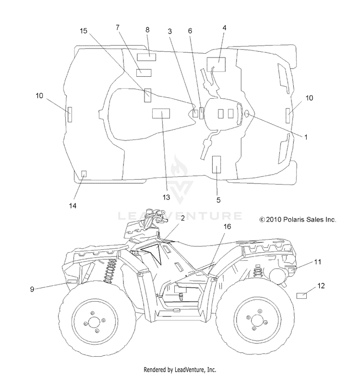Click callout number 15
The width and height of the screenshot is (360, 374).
[x=84, y=31]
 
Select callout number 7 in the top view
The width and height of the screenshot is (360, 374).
[x=118, y=28]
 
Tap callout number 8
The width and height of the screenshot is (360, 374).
[x=147, y=30]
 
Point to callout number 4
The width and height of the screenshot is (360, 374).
[x=224, y=28]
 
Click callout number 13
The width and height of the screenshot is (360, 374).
[x=166, y=197]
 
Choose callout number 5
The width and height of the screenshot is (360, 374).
[x=218, y=200]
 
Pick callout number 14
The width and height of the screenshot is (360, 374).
[x=72, y=206]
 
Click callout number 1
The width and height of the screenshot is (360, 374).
[x=306, y=137]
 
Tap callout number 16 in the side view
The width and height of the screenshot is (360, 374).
[x=227, y=226]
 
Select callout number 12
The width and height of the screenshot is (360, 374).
[x=321, y=286]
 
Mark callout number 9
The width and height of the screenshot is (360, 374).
[x=32, y=289]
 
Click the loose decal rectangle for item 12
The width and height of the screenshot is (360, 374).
[x=301, y=296]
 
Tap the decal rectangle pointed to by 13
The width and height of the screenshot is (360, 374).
[x=161, y=113]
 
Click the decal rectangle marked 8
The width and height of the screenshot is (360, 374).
[x=146, y=57]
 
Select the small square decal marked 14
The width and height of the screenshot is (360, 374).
[x=84, y=174]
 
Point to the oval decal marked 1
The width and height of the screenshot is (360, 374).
[x=247, y=114]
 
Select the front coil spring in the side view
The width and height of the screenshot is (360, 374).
[x=110, y=271]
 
